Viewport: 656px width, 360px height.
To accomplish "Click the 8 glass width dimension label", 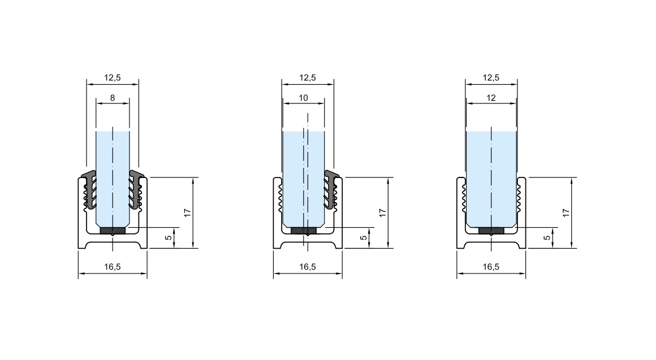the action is click(113, 98).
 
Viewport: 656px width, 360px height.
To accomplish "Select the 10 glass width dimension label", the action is click(303, 98).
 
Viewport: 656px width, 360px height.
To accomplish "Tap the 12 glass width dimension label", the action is click(491, 98).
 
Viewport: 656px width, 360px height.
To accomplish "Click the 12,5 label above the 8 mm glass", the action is click(113, 78).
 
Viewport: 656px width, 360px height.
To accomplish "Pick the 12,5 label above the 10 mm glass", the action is click(308, 78).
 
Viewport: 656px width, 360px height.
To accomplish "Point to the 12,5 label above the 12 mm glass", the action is click(491, 78).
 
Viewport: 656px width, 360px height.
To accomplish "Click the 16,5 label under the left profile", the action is click(113, 267).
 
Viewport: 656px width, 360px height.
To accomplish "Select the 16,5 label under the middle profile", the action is click(308, 267).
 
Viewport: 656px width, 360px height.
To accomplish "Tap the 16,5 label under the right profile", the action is click(491, 267).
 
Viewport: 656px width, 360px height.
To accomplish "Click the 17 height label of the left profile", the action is click(187, 212).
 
